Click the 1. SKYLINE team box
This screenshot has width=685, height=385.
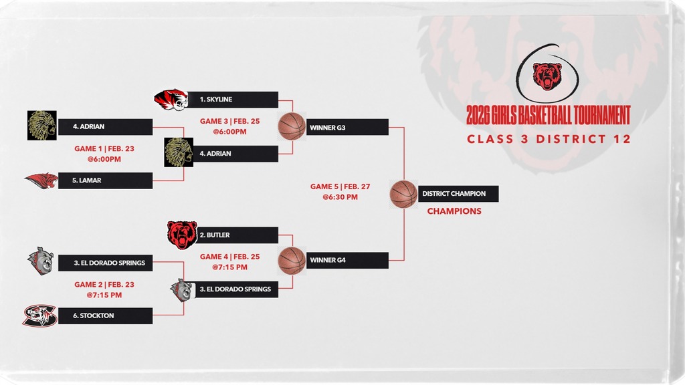(233, 100)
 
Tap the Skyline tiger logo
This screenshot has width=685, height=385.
(171, 100)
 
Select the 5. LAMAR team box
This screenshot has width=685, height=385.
(105, 180)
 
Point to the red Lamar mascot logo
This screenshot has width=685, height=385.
(41, 180)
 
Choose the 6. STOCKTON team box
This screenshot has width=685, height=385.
(105, 315)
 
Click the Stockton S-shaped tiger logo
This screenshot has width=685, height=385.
(39, 315)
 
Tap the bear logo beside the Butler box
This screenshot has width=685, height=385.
(182, 235)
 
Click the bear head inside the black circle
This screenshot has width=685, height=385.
(547, 76)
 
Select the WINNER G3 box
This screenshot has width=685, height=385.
(347, 128)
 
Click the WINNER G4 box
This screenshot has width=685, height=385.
(347, 260)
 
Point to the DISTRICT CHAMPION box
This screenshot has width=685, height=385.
(458, 194)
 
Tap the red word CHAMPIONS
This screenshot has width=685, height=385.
(454, 211)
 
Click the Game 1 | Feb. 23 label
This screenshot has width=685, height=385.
(104, 149)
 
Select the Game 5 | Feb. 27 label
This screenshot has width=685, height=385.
(340, 187)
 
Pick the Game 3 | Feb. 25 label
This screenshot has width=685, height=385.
(230, 122)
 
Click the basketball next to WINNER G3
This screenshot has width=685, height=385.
(292, 126)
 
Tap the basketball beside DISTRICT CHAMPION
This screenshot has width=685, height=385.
(403, 194)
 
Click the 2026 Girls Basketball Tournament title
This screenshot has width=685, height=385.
(549, 115)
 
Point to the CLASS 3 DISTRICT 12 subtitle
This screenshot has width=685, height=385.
(549, 139)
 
